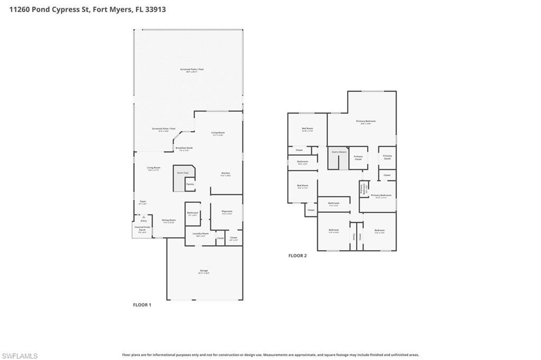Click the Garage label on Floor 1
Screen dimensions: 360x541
point(204,270)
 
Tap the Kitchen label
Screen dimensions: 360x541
point(225,173)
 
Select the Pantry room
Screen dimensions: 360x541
point(189,184)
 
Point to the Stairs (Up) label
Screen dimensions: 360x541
point(182,173)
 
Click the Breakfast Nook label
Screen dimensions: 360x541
point(184,148)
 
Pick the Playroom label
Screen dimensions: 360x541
point(227,211)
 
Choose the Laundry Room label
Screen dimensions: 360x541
point(201,233)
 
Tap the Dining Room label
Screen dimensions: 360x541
point(169,220)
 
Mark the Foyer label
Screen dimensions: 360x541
point(143,201)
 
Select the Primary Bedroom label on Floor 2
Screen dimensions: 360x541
point(366,121)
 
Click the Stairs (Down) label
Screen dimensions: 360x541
point(339,151)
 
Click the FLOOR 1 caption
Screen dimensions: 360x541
point(142,305)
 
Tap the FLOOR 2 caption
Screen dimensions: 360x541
point(297,255)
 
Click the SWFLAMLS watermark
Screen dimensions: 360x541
point(20,356)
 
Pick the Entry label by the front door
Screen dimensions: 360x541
point(136,221)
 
